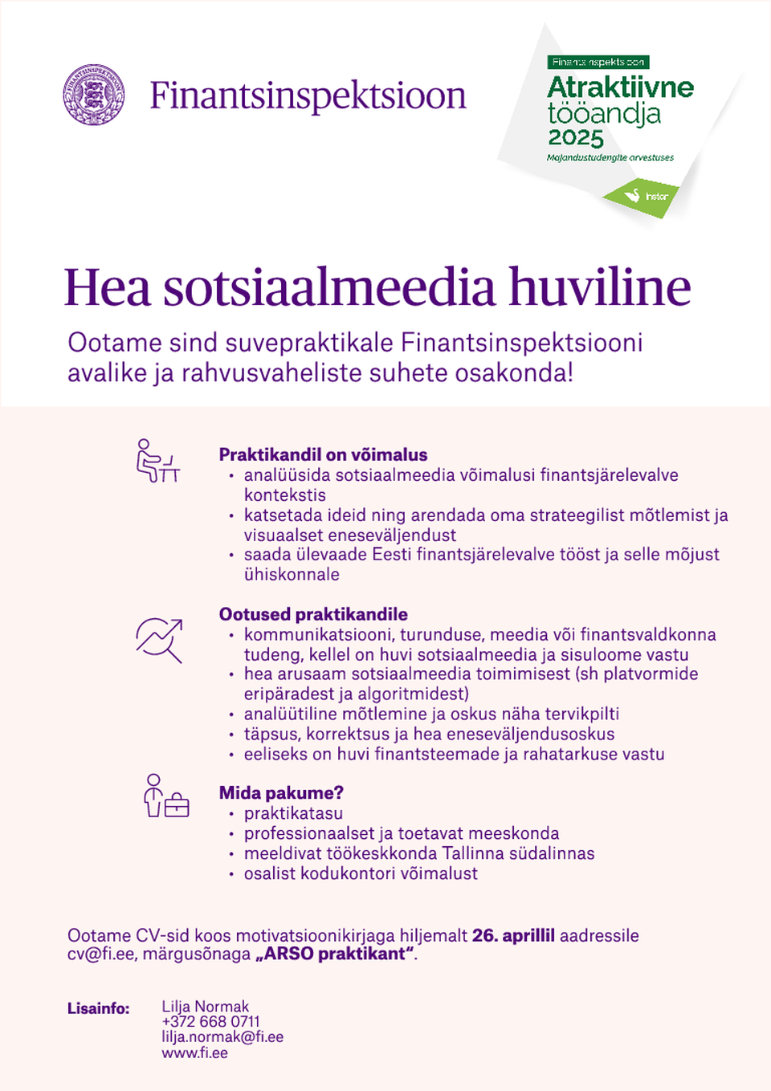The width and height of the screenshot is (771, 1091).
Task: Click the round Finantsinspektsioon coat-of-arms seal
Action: (x=94, y=95)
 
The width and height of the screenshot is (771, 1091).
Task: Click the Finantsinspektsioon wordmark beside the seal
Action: (x=308, y=96)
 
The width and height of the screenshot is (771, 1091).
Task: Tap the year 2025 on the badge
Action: (x=575, y=138)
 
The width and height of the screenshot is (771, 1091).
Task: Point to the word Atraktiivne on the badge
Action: (x=620, y=87)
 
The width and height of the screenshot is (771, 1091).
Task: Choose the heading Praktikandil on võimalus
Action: (x=323, y=454)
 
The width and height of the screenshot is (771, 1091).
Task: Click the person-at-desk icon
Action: (x=157, y=461)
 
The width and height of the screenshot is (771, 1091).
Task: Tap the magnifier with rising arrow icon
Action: (x=159, y=639)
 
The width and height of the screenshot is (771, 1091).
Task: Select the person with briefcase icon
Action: (x=165, y=796)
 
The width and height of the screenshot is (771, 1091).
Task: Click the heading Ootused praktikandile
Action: (x=313, y=614)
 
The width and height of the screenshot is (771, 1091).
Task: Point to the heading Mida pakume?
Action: (x=281, y=793)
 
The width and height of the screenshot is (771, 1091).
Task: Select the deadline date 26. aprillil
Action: (x=513, y=935)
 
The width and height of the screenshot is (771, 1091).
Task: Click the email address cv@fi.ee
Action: (x=100, y=954)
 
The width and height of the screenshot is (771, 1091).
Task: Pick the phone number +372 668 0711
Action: (x=210, y=1022)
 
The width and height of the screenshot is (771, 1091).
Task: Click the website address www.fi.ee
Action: (x=194, y=1052)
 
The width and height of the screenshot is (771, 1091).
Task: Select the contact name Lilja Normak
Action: (x=205, y=1007)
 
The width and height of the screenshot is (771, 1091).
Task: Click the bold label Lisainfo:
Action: (x=98, y=1008)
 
